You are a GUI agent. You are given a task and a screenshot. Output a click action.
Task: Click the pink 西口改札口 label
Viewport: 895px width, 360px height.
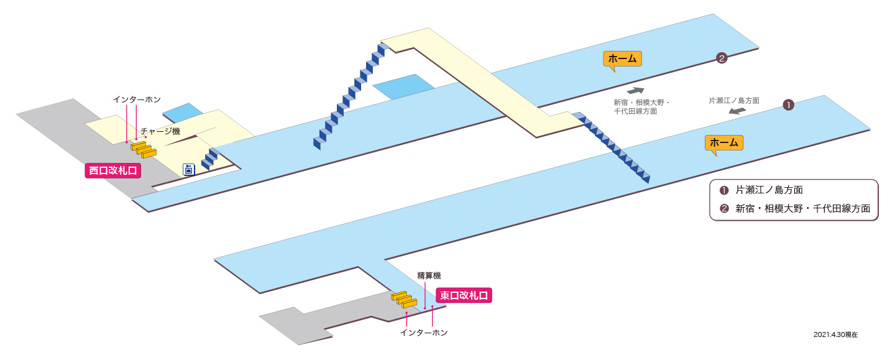point(113,170)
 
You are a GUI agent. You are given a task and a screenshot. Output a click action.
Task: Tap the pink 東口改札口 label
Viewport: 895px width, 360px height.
point(464,295)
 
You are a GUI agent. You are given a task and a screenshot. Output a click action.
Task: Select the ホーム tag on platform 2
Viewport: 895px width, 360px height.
point(622,59)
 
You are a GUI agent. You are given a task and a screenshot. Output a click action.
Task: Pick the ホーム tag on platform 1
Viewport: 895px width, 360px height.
point(723,143)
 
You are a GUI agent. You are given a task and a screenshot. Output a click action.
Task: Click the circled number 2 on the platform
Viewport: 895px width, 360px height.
point(721,58)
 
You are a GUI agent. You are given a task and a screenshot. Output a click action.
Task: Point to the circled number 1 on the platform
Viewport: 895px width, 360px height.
point(788,105)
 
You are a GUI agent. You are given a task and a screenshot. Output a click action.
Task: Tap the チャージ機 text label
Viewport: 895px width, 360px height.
point(160,131)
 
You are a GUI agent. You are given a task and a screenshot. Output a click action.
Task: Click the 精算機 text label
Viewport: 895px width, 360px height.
point(429,275)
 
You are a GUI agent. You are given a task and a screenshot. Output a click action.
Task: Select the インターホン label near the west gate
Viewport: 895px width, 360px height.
point(137,99)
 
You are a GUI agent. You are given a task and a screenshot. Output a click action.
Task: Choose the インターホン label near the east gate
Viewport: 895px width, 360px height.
point(423,333)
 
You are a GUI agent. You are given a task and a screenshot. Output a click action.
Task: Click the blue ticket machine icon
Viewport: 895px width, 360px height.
point(188,169)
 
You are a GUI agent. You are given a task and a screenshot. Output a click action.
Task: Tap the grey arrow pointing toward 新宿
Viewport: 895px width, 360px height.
point(635,91)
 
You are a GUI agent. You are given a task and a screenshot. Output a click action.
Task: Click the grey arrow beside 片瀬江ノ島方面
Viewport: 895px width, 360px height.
point(738,111)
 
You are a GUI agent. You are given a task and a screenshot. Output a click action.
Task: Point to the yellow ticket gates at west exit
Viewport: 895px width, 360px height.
point(144,149)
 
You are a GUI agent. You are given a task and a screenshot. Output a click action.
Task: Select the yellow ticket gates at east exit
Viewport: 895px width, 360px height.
point(404,300)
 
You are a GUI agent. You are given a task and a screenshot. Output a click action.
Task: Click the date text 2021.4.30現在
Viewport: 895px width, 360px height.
point(835,335)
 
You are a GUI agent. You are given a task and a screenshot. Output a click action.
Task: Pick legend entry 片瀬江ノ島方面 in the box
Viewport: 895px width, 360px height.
point(769,190)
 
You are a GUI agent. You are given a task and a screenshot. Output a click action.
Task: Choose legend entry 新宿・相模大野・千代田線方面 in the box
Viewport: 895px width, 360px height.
point(803,208)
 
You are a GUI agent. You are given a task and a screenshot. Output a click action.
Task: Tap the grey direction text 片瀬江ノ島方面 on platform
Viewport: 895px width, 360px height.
point(734,101)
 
